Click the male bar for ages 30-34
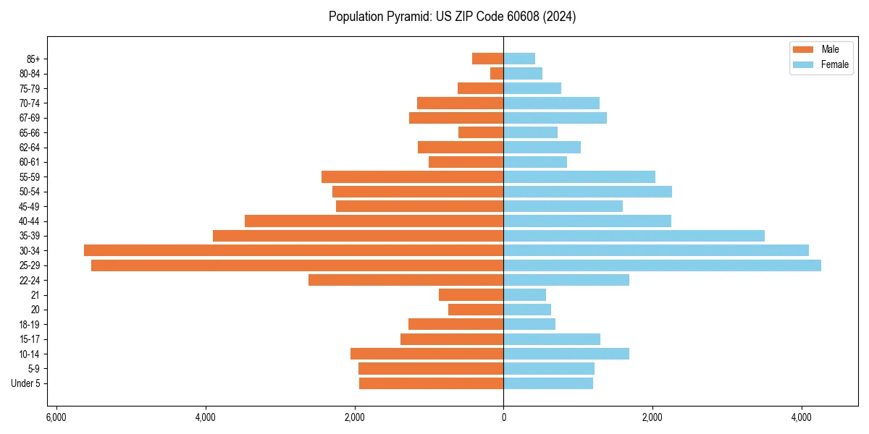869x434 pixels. (x=293, y=250)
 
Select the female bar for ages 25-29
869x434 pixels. (x=662, y=265)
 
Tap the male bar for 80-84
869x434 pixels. (x=497, y=74)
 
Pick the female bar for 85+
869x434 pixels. (x=519, y=59)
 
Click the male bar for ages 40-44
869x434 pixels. (x=374, y=221)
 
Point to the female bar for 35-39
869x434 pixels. (x=634, y=236)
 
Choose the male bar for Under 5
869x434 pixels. (x=431, y=383)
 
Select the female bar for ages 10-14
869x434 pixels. (x=566, y=354)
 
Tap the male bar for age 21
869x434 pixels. (x=471, y=295)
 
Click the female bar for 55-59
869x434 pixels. (x=579, y=176)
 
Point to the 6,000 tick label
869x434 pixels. (x=56, y=418)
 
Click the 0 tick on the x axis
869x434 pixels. (x=503, y=418)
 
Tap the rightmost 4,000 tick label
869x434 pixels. (x=801, y=418)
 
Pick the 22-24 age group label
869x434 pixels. (x=30, y=280)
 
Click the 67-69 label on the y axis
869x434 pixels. (x=30, y=118)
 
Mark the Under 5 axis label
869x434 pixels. (x=25, y=383)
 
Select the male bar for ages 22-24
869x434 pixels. (x=406, y=280)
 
